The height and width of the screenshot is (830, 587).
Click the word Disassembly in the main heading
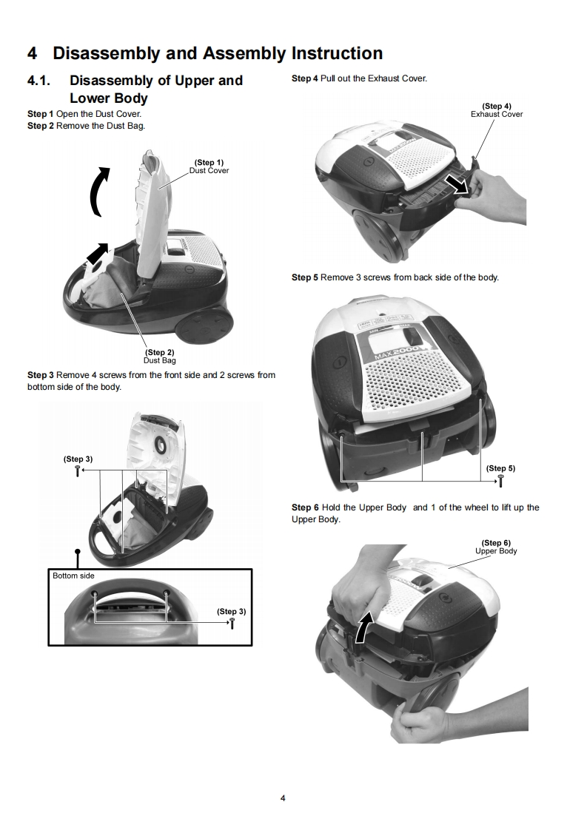click(x=106, y=53)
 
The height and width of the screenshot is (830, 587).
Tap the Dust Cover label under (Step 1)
click(x=209, y=170)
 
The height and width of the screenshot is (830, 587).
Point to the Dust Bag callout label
click(x=159, y=360)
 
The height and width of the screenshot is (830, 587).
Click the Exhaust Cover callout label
click(x=496, y=114)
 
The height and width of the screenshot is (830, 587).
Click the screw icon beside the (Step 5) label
click(x=500, y=481)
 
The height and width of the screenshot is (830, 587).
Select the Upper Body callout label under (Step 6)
click(x=496, y=551)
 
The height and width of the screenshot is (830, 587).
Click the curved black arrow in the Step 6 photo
click(x=363, y=630)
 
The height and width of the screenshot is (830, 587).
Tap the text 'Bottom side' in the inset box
click(x=73, y=576)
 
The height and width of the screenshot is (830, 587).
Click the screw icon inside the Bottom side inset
click(x=232, y=623)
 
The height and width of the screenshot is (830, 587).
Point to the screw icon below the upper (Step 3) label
click(x=77, y=470)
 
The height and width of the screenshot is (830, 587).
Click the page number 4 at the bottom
click(x=283, y=798)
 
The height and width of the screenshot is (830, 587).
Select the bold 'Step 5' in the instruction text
click(x=305, y=277)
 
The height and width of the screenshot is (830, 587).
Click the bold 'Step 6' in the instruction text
click(x=305, y=507)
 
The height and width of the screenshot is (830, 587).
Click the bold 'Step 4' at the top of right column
click(x=305, y=78)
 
